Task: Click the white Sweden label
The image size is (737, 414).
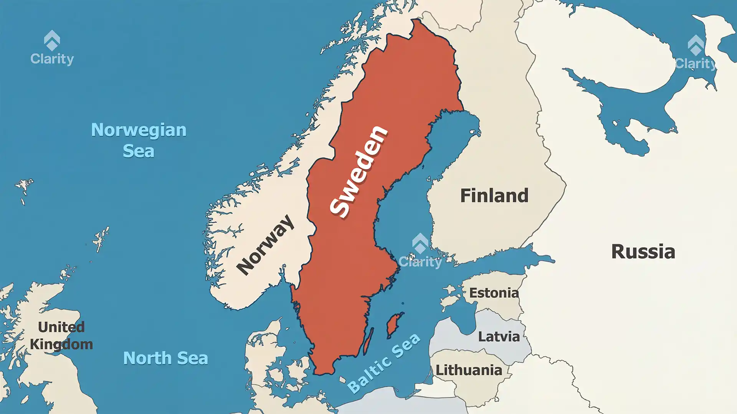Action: pos(359,171)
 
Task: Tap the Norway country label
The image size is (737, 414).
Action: pos(265,245)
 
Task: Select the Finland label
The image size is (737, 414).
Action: pos(494,195)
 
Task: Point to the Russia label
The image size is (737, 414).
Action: pos(643,252)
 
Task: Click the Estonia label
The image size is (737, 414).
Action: pos(494,293)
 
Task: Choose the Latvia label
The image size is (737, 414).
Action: pos(499,337)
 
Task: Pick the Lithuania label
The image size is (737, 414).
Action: pos(469,370)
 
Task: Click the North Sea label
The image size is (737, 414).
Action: pos(165,358)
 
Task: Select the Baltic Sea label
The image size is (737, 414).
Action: pos(383,363)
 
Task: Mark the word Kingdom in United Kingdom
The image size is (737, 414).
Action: pos(61,344)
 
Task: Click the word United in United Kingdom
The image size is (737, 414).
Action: pos(61,327)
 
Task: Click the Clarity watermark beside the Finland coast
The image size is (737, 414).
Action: pos(420,251)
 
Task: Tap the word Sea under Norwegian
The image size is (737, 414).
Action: pos(139,151)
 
